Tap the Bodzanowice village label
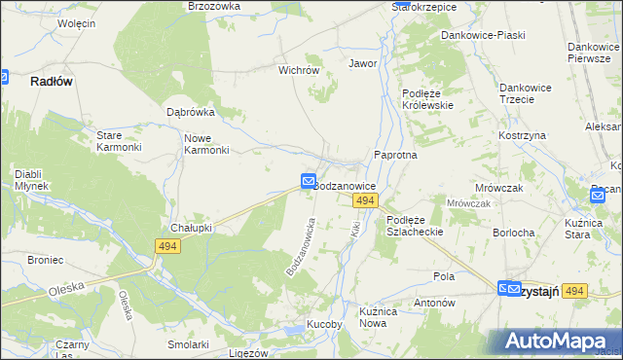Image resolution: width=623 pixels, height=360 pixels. point(347,184)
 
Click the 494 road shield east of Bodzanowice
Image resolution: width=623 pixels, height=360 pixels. point(365,200)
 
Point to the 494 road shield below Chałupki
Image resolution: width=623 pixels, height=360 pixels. point(165,248)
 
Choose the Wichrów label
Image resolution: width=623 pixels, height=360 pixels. point(300,70)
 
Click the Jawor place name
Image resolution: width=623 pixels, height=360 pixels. point(363,63)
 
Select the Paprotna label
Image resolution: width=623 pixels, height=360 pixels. point(396,155)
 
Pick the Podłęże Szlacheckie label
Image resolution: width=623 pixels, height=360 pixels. point(415,226)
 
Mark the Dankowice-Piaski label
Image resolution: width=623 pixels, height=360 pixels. point(483,35)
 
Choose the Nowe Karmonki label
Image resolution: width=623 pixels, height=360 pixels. point(206,143)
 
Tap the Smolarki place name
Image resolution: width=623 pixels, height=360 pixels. point(188,344)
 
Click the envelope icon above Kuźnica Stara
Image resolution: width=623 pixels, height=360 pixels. point(598,196)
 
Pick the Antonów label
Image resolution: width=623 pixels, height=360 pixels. point(435,303)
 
